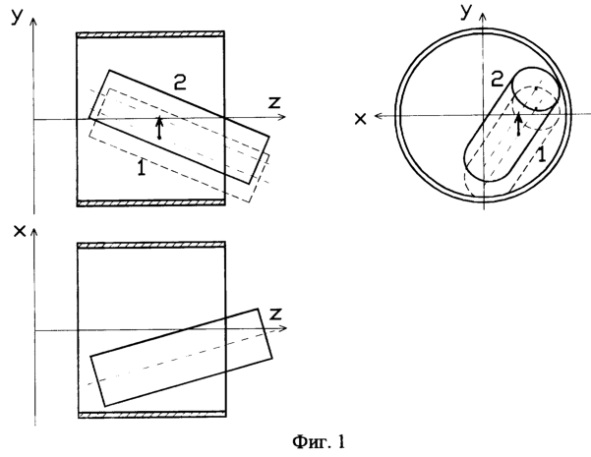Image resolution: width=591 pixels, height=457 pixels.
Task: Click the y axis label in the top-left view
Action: click(17, 16)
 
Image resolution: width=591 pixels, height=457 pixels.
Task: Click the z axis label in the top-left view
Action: click(274, 102)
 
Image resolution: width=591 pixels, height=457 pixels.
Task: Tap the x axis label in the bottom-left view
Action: click(20, 231)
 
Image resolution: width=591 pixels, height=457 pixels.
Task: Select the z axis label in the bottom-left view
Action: click(276, 314)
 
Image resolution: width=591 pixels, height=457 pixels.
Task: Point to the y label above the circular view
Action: click(467, 12)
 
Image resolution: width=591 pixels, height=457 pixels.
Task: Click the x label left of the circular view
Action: click(361, 119)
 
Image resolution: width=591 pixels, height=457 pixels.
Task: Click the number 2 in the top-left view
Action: click(180, 82)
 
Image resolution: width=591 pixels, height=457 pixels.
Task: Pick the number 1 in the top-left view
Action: click(142, 167)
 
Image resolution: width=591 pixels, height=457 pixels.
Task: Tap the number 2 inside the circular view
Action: click(498, 80)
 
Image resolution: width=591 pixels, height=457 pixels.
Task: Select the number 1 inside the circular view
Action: click(541, 154)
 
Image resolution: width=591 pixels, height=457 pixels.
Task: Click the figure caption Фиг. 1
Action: click(319, 441)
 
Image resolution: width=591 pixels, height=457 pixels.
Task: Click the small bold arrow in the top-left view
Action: click(159, 128)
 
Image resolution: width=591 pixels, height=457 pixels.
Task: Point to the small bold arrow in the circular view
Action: click(519, 124)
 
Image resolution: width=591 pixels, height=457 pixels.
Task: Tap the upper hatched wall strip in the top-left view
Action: click(150, 34)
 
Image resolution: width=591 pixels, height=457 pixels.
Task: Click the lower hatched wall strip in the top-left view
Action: click(151, 203)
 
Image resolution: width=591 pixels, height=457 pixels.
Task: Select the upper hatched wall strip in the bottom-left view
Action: click(151, 246)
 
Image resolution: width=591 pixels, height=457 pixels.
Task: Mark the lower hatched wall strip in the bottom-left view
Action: click(152, 415)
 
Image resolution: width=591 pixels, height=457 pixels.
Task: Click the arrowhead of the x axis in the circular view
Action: click(379, 116)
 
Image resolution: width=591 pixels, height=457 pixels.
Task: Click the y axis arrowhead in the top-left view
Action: click(33, 22)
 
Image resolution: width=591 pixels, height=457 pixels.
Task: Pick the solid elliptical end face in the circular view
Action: click(536, 88)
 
